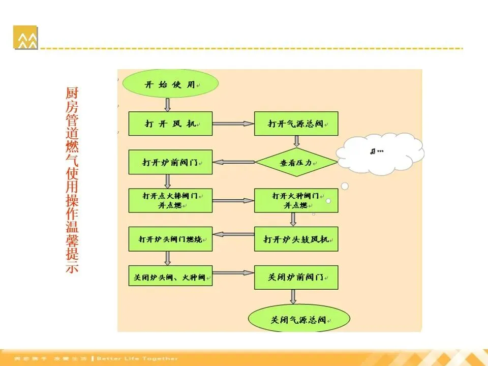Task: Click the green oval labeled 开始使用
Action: pyautogui.click(x=170, y=85)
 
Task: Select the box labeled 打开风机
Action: pyautogui.click(x=170, y=124)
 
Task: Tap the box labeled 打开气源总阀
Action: pyautogui.click(x=296, y=124)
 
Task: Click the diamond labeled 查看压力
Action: pyautogui.click(x=296, y=163)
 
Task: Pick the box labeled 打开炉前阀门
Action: pyautogui.click(x=170, y=163)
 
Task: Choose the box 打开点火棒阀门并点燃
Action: pyautogui.click(x=170, y=200)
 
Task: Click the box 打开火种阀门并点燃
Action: pyautogui.click(x=296, y=200)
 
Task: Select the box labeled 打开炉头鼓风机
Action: pyautogui.click(x=296, y=238)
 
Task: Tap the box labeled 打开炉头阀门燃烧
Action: pyautogui.click(x=170, y=238)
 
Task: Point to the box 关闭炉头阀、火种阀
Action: pyautogui.click(x=170, y=277)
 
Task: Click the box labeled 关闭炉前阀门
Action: pyautogui.click(x=296, y=277)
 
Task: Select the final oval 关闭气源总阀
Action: pyautogui.click(x=299, y=320)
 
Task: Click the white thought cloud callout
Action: pyautogui.click(x=380, y=152)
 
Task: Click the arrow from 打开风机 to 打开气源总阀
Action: pyautogui.click(x=233, y=124)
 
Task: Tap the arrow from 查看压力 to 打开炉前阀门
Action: pyautogui.click(x=233, y=163)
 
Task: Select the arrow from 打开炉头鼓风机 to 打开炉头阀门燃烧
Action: pyautogui.click(x=233, y=234)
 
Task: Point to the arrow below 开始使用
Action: pyautogui.click(x=168, y=104)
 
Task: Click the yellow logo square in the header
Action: pyautogui.click(x=25, y=37)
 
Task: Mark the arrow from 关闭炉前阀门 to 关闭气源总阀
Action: pyautogui.click(x=293, y=297)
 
